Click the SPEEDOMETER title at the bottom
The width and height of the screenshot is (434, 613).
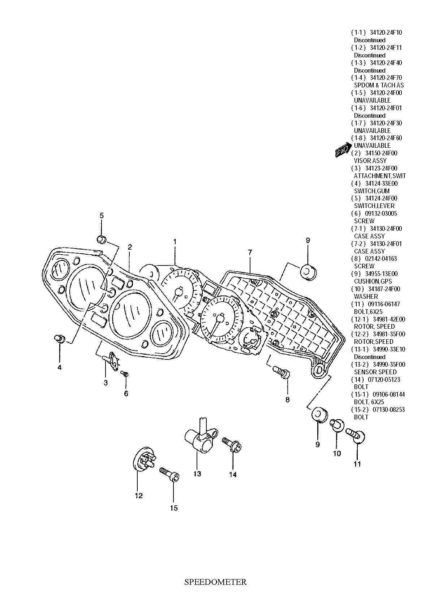[x=215, y=582]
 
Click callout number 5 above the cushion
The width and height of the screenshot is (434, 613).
[x=102, y=216]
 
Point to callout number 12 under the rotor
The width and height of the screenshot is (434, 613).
[x=139, y=496]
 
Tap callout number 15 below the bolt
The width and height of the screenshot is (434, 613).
[x=174, y=508]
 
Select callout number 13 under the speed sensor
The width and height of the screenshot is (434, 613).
[x=197, y=474]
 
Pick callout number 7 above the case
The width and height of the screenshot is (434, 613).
[x=250, y=252]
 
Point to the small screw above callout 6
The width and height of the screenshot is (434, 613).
[x=125, y=374]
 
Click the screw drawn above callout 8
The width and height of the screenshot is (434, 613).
[x=281, y=372]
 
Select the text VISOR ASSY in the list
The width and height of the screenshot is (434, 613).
[x=370, y=161]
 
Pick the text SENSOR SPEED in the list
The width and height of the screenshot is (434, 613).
[x=375, y=372]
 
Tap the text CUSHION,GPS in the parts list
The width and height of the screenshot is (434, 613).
[x=373, y=281]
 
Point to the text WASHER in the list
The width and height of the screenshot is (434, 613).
[x=366, y=297]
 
